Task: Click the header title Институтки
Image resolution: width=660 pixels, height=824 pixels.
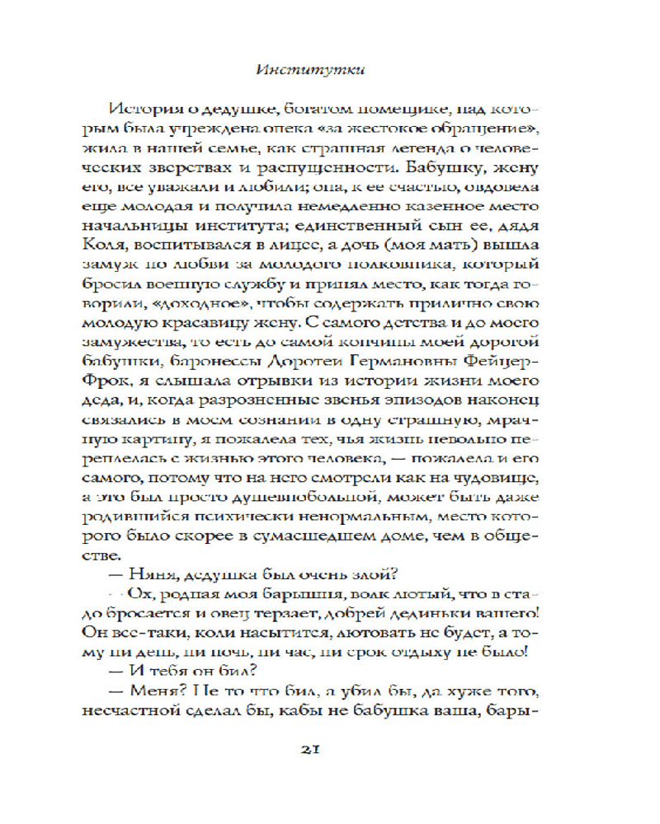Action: coord(328,70)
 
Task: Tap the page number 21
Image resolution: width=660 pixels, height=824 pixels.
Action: coord(329,747)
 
